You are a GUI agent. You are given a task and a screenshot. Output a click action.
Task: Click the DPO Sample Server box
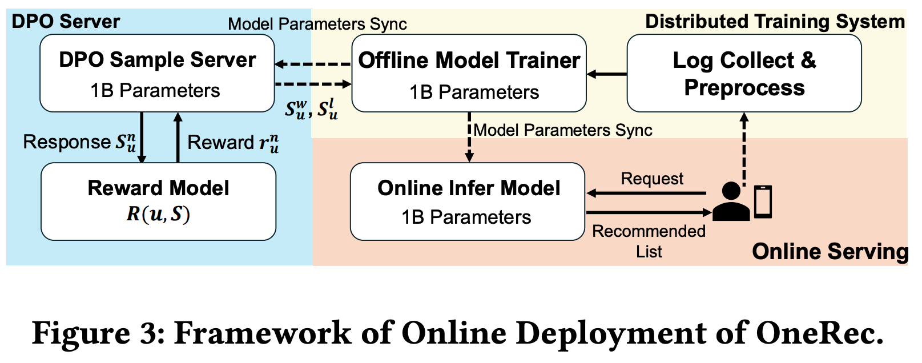(x=157, y=73)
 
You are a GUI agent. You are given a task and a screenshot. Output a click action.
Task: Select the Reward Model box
(x=158, y=201)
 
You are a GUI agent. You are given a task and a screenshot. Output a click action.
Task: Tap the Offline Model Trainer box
(x=469, y=74)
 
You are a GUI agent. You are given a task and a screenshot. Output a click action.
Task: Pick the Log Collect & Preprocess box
(x=744, y=73)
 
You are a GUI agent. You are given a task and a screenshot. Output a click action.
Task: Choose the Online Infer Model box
(x=468, y=201)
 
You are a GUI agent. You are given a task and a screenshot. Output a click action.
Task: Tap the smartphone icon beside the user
(x=763, y=201)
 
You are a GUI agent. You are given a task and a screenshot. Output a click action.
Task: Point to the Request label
(x=652, y=179)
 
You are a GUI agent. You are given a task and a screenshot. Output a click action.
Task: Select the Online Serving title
(x=830, y=252)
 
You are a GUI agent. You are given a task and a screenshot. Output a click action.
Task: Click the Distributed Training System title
(x=775, y=22)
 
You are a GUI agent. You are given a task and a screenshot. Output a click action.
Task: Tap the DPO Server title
(x=66, y=22)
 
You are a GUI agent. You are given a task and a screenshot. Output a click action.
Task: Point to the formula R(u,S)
(x=158, y=214)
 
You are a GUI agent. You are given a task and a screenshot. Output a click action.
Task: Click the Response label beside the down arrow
(x=79, y=142)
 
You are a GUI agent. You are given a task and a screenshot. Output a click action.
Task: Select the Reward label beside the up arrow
(x=233, y=142)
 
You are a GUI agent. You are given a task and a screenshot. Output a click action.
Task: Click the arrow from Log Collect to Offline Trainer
(x=607, y=74)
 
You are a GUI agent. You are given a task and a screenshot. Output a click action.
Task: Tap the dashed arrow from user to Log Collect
(x=744, y=147)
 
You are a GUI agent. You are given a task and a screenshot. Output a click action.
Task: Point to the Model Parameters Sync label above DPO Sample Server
(x=317, y=24)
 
